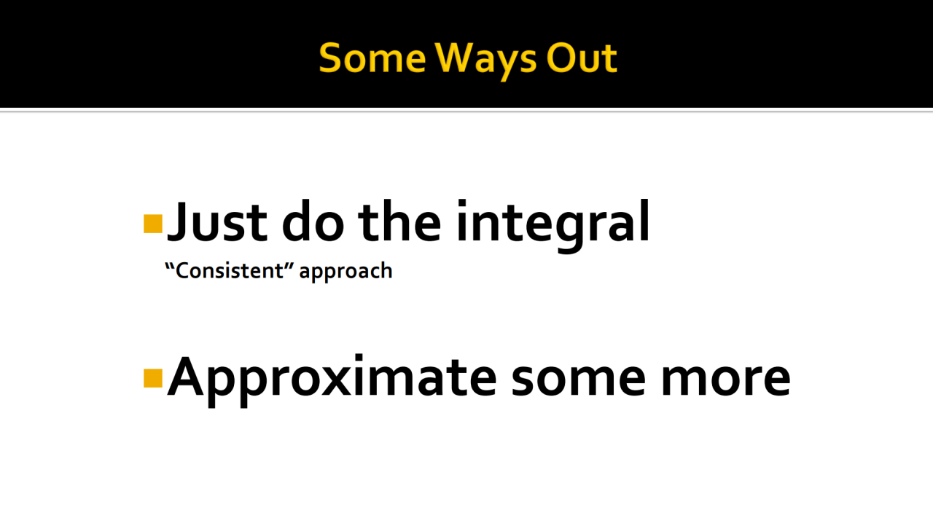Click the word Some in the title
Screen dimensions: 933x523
click(x=372, y=58)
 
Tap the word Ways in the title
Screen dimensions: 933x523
click(x=485, y=60)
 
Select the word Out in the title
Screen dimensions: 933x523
click(x=582, y=58)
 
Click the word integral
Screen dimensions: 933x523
click(x=553, y=226)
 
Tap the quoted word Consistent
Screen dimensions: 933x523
click(x=230, y=270)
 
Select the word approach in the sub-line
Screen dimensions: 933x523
click(x=346, y=272)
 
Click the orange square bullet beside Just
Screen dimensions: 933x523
click(x=153, y=224)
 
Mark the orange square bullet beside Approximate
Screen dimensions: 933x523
click(x=153, y=378)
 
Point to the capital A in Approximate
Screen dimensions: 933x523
click(x=185, y=377)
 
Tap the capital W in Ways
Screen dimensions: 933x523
click(x=456, y=58)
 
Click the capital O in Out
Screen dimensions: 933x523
click(x=561, y=58)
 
